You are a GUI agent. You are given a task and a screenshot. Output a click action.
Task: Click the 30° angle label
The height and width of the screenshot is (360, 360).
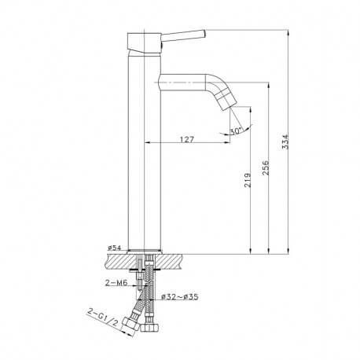236,132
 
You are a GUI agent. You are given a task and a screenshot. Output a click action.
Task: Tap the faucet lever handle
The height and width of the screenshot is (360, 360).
186,35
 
